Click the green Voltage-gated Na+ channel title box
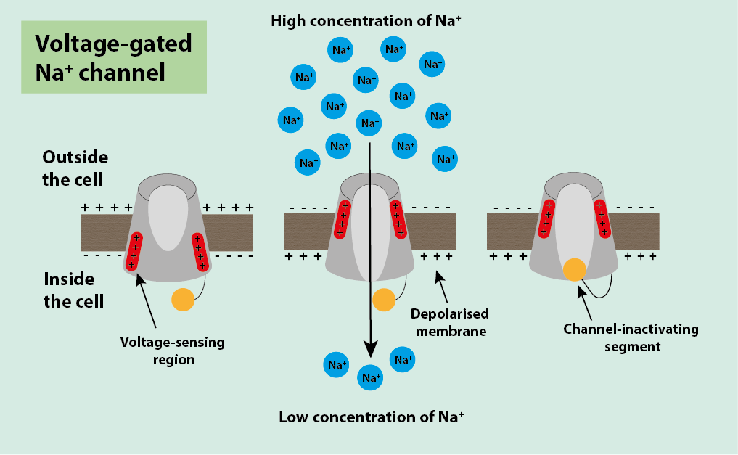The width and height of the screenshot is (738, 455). pos(114,57)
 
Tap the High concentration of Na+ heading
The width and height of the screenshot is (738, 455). pos(366,20)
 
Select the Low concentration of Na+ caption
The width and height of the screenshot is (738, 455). pos(371,417)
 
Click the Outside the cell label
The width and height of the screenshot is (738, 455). pos(75,168)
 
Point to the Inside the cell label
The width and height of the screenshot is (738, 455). pos(73,290)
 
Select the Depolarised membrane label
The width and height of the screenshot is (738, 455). pos(449,322)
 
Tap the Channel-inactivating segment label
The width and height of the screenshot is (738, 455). pos(631,337)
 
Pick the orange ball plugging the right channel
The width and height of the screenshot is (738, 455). pos(575,270)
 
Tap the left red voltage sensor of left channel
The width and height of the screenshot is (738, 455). pos(134,250)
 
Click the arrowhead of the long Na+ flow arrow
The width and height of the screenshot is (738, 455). pos(370,350)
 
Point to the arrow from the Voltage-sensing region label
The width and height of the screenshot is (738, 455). pos(150,305)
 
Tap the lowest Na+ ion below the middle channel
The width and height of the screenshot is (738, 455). pos(370,377)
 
